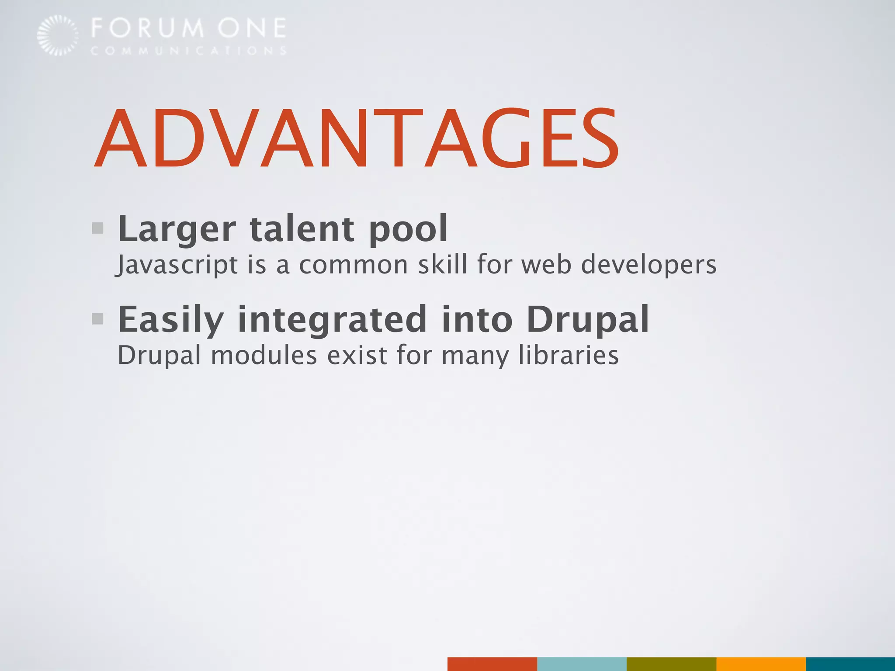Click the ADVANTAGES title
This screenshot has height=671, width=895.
point(356,138)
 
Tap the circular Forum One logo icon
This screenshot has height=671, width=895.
point(58,35)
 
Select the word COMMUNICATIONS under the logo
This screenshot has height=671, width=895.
point(188,51)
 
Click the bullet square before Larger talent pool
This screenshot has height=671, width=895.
point(98,228)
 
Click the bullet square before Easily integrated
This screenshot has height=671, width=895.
point(98,319)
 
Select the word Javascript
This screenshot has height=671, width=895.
point(177,265)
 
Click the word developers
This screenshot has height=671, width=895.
point(649,265)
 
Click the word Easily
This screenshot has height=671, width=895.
point(171,320)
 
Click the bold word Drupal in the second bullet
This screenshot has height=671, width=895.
point(588,320)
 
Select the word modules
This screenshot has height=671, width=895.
point(264,355)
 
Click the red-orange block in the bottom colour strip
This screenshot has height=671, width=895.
point(492,664)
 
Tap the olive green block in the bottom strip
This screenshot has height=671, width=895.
point(671,664)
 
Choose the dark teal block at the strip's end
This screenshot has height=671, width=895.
point(850,664)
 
